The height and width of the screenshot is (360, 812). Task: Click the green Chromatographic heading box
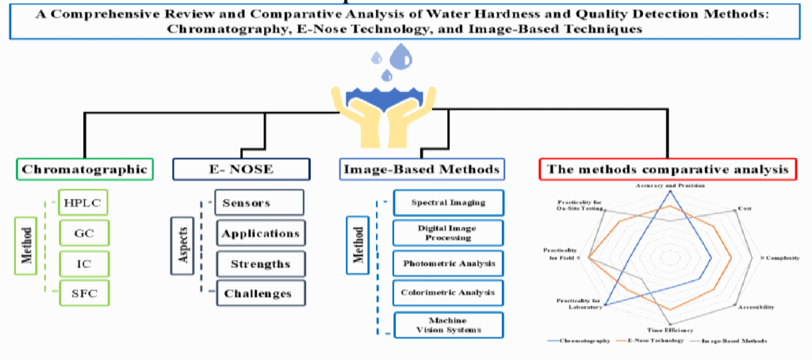[x=84, y=169]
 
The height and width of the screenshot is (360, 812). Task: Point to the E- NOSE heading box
[x=241, y=169]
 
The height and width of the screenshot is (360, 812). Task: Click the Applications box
[x=259, y=233]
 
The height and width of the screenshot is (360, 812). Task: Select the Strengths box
[x=259, y=263]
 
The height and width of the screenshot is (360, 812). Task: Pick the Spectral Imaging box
[x=448, y=202]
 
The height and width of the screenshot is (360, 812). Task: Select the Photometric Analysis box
[x=448, y=262]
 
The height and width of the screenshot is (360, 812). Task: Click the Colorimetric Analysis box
[x=448, y=293]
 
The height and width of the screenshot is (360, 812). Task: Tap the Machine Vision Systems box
[x=448, y=324]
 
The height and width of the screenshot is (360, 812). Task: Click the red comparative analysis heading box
[x=668, y=169]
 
